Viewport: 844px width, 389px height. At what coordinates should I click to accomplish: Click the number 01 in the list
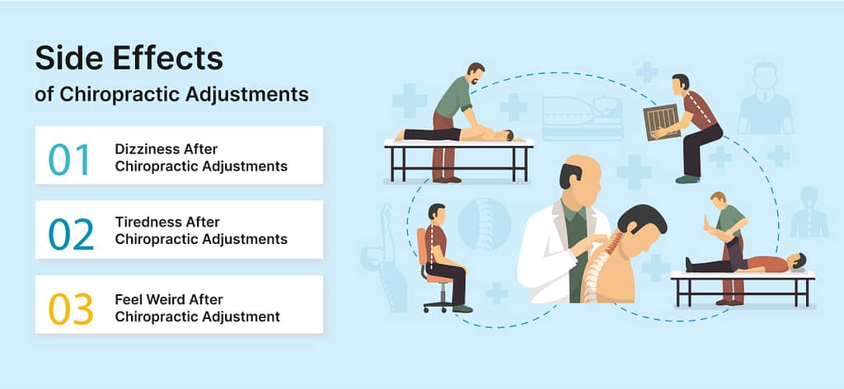(x=69, y=159)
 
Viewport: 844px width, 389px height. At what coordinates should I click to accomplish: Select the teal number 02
(x=71, y=234)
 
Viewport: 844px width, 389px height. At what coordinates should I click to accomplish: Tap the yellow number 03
(x=71, y=309)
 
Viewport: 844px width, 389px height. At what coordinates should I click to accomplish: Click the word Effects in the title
(x=176, y=59)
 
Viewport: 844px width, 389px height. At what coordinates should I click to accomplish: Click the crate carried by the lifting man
(x=662, y=122)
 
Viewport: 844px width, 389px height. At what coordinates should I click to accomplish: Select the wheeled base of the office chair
(x=438, y=305)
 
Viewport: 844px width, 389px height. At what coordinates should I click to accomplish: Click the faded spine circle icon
(x=484, y=224)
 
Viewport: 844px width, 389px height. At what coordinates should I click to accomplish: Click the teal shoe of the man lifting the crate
(x=688, y=179)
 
